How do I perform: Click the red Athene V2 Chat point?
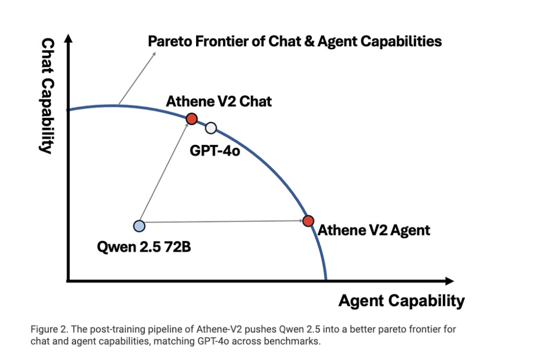(191, 119)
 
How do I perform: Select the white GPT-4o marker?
(211, 128)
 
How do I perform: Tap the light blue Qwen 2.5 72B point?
(139, 226)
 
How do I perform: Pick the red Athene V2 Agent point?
(308, 221)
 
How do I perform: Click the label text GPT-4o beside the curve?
(214, 151)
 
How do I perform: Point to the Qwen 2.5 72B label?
(144, 247)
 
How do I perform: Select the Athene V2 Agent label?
(374, 230)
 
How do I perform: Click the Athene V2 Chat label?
(219, 101)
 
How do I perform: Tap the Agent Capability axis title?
(402, 301)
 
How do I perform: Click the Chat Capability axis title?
(47, 96)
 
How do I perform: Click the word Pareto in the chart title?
(170, 41)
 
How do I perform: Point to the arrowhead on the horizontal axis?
(449, 281)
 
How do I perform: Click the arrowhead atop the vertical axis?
(69, 39)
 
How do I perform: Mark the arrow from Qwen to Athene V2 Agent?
(222, 221)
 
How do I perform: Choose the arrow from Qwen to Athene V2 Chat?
(164, 172)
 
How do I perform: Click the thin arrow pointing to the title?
(137, 78)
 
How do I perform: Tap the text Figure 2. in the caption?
(49, 329)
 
